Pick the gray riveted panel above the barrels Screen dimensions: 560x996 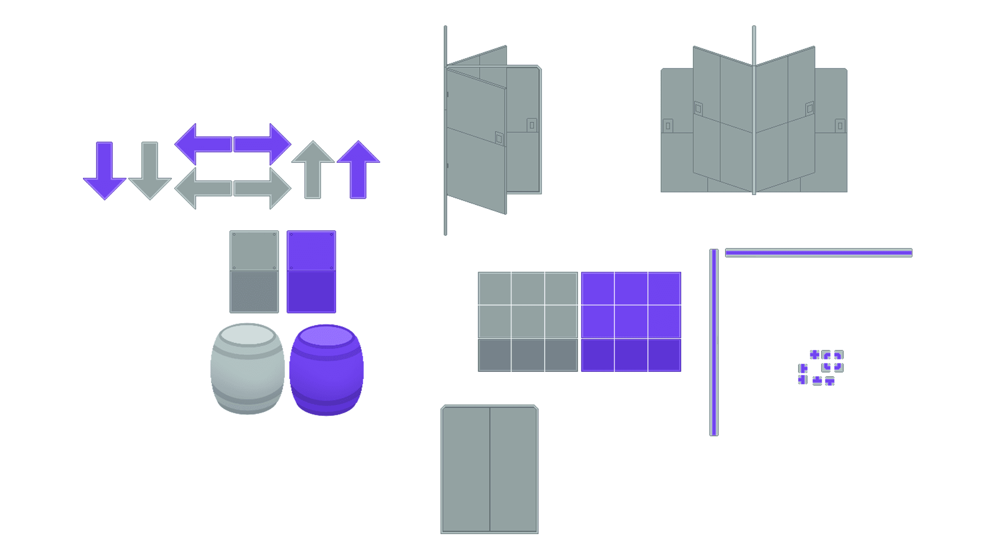tap(254, 272)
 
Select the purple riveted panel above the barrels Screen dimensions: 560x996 tap(311, 272)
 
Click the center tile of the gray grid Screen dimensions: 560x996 tap(528, 321)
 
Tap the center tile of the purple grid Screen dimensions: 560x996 tap(631, 321)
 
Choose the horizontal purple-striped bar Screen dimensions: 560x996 tap(819, 253)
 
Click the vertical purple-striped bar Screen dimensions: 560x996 tap(714, 342)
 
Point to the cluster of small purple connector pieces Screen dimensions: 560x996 tap(821, 368)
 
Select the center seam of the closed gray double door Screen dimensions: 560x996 tap(490, 469)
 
